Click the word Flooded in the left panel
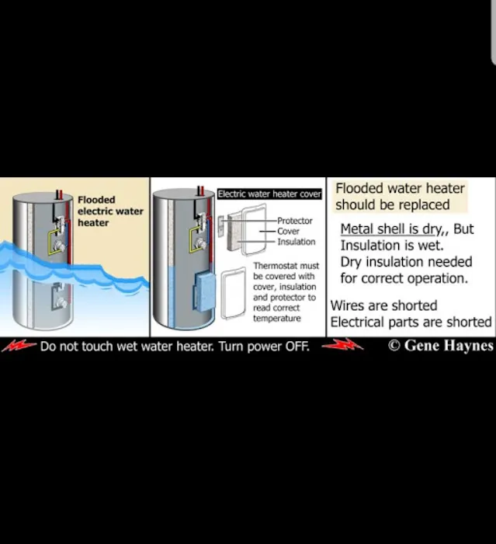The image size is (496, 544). tap(96, 200)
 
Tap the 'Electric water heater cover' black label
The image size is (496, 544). tap(269, 194)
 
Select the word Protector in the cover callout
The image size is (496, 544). tap(295, 221)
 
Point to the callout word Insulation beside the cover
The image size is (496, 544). tap(296, 242)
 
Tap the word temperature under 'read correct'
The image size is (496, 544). tap(276, 319)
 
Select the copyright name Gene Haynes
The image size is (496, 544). tap(449, 346)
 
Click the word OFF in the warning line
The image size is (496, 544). tap(297, 347)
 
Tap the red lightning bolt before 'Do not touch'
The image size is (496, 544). tap(19, 346)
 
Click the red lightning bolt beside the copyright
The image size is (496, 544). tap(342, 346)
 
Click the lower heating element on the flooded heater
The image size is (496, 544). tap(58, 299)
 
